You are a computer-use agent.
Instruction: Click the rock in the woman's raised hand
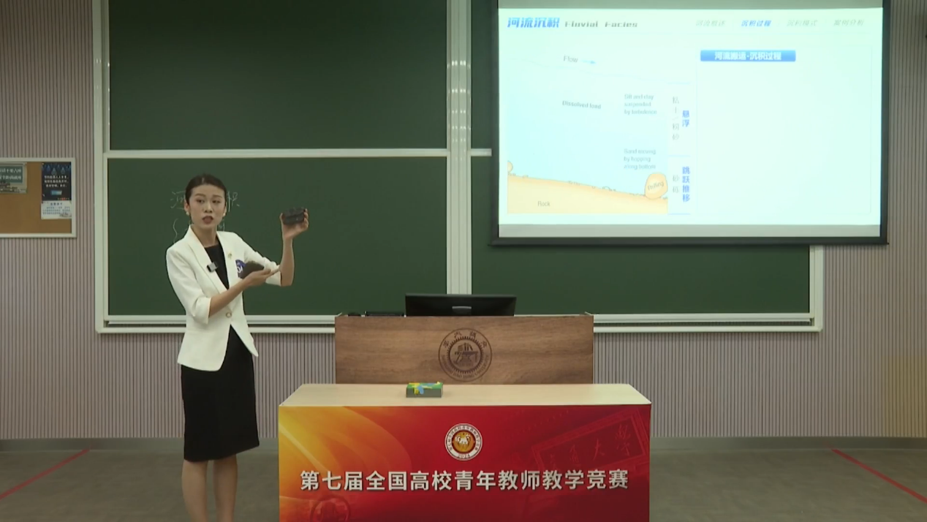(x=293, y=216)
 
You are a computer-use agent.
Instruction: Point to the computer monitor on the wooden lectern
(x=460, y=304)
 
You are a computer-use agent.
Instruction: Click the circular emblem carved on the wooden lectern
(x=465, y=355)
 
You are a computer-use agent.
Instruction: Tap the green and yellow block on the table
(x=424, y=389)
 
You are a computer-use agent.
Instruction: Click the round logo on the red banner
(x=463, y=442)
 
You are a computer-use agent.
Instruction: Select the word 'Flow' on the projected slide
(x=571, y=59)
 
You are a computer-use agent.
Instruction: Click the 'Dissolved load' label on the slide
(x=581, y=105)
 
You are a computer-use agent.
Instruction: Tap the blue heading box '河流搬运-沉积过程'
(x=747, y=56)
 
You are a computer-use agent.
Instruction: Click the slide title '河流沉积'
(x=533, y=23)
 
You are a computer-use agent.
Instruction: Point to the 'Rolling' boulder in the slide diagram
(x=655, y=187)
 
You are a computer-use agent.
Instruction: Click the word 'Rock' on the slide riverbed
(x=543, y=203)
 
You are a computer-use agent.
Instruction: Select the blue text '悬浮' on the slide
(x=686, y=119)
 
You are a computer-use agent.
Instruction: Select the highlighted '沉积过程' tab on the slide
(x=756, y=23)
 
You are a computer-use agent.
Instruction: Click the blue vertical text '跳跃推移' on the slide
(x=686, y=184)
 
